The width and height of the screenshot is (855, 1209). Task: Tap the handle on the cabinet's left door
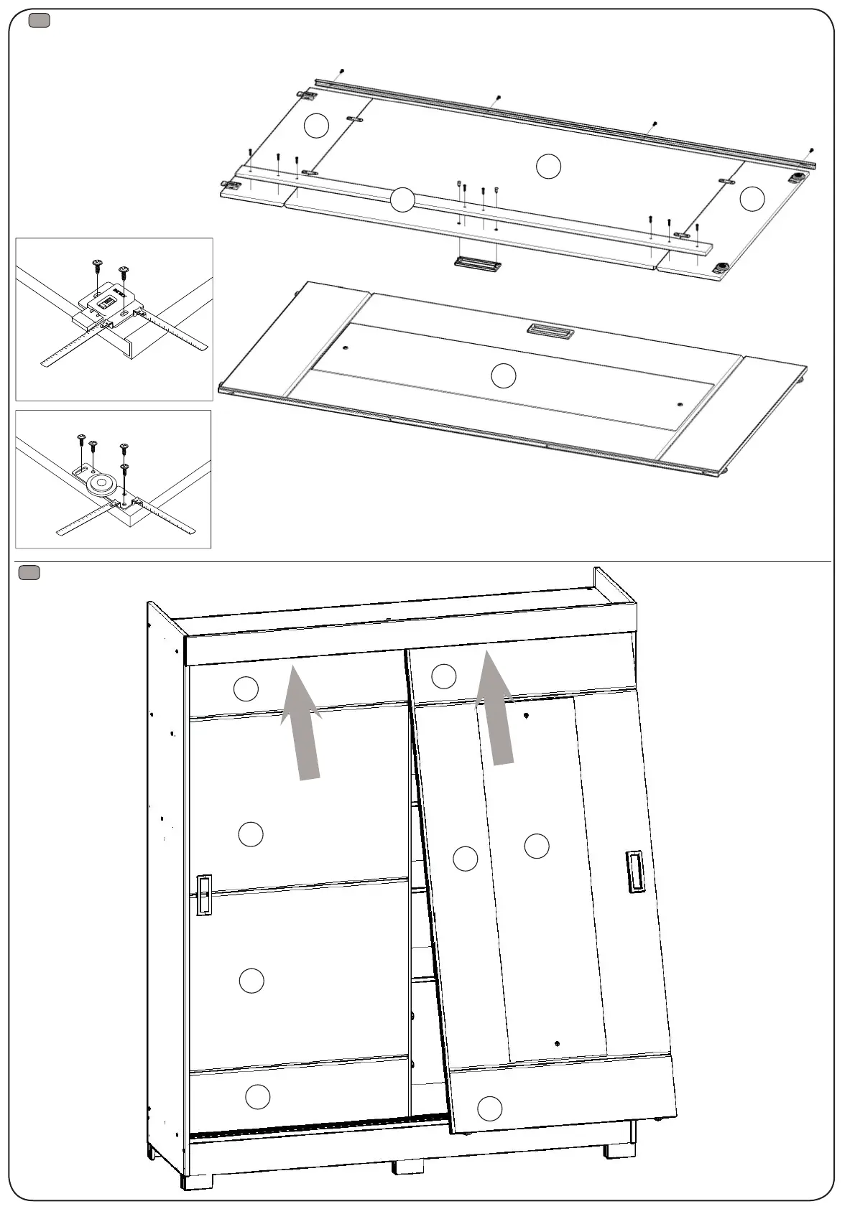pos(204,895)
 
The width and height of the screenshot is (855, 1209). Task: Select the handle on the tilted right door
pos(635,872)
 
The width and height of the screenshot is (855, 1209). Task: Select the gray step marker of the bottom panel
pos(29,572)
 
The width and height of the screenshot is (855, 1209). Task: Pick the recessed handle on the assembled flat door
pos(549,330)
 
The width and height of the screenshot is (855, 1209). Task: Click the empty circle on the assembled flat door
pos(503,375)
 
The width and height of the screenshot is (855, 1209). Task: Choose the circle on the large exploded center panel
pos(548,167)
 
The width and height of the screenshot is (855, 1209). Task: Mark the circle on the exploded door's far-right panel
pos(752,198)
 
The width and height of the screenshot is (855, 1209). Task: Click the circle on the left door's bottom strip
pos(257,1097)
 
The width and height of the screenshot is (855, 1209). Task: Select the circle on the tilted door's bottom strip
pos(489,1108)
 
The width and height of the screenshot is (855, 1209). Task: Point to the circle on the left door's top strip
pos(246,689)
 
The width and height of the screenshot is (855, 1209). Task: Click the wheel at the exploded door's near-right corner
pos(719,269)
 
